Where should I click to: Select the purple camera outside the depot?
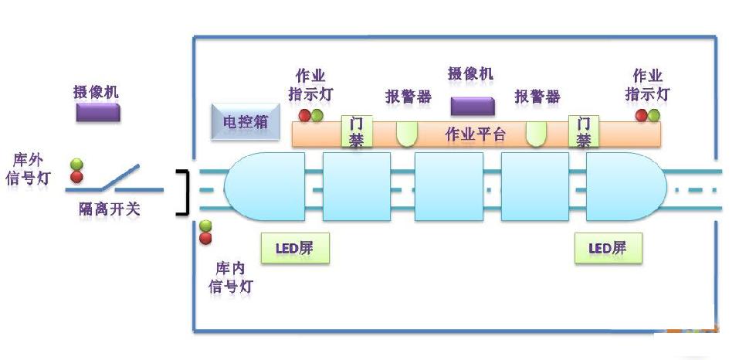tap(97, 113)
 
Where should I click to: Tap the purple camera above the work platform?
tap(473, 106)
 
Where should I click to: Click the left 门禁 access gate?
tap(356, 132)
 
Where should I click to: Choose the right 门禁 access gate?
tap(584, 132)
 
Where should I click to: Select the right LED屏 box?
tap(608, 249)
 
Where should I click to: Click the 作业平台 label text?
tap(476, 134)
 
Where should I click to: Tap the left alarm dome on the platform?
tap(408, 134)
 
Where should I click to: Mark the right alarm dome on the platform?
tap(536, 134)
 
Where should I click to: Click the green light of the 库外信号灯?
tap(76, 165)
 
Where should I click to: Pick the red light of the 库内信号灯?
tap(205, 238)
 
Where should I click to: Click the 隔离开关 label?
tap(110, 209)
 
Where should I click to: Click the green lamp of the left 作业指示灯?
tap(317, 116)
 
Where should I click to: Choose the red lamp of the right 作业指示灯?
tap(641, 116)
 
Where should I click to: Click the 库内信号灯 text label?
tap(232, 277)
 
